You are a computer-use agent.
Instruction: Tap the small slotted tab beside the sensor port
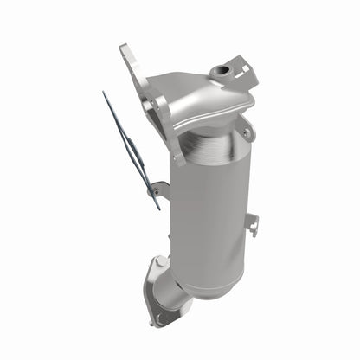coord(243,69)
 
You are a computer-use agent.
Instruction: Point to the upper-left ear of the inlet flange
coord(127,52)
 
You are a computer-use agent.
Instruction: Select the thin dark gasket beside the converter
coord(131,148)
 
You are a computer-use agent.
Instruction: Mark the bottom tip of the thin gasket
coord(158,209)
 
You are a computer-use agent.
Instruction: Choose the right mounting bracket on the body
coord(252,223)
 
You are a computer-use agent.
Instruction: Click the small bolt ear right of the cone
coord(248,132)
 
